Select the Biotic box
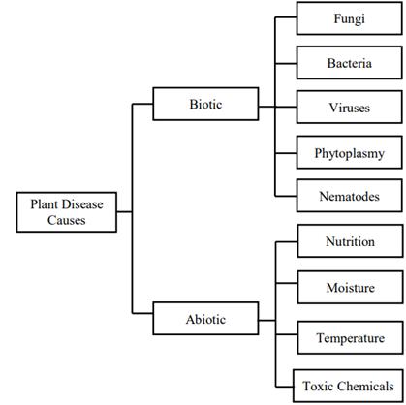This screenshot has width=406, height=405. pos(204,104)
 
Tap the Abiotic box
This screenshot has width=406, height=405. pos(204,317)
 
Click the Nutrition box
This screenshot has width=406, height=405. pos(349,242)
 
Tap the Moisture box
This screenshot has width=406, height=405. pos(349,288)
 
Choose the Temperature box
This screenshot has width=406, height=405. pos(349,338)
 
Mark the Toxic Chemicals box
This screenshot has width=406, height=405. pos(349,384)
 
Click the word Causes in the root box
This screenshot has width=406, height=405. pos(66,221)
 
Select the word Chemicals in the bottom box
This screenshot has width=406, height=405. pos(365,385)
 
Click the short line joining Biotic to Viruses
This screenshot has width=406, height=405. pos(266,105)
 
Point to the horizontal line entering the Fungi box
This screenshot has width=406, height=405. pos(286,18)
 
